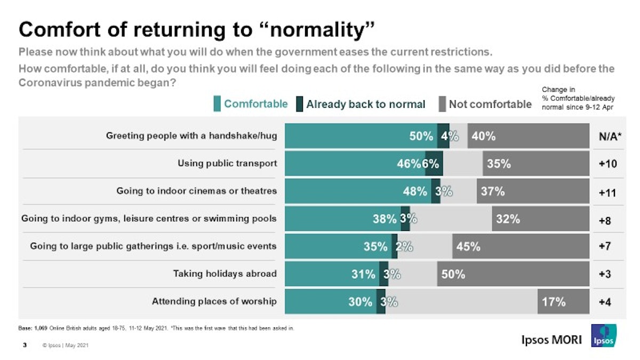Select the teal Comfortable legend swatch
pos(217,104)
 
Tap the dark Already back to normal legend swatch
pos(300,104)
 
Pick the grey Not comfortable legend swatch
pos(442,104)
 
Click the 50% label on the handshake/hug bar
pos(421,136)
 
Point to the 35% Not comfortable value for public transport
pos(499,164)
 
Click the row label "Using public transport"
pos(227,164)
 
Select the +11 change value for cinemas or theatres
pos(607,192)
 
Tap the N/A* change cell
pos(607,137)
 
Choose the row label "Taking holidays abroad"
pos(225,274)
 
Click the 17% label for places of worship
pos(554,302)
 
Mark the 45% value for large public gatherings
pos(468,246)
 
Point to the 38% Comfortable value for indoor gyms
pos(385,219)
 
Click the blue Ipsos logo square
pos(604,336)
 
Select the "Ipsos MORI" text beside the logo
pos(551,340)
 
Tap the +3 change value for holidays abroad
pos(605,275)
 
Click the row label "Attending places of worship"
pos(214,302)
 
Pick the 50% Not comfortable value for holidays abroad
pos(453,274)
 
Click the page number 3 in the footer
pos(25,345)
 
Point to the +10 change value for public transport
pos(607,164)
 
